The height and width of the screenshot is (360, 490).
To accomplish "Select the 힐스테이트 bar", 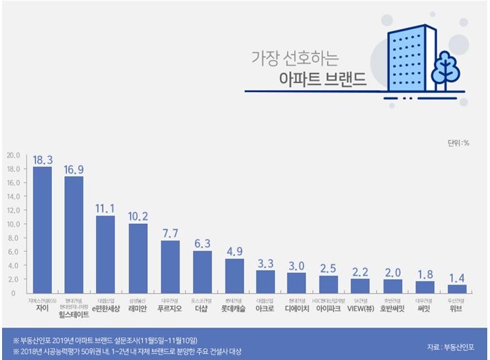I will point(74,235).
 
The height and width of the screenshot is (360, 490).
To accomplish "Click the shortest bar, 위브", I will point(458,289).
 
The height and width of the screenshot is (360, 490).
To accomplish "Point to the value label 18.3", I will point(42,160).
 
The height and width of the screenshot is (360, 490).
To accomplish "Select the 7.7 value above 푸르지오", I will point(170,233).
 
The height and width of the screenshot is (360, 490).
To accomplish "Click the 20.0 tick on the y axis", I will point(14,155).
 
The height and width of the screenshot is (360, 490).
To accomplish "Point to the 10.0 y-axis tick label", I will point(14,225).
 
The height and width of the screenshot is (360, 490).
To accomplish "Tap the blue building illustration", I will point(412,59).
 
